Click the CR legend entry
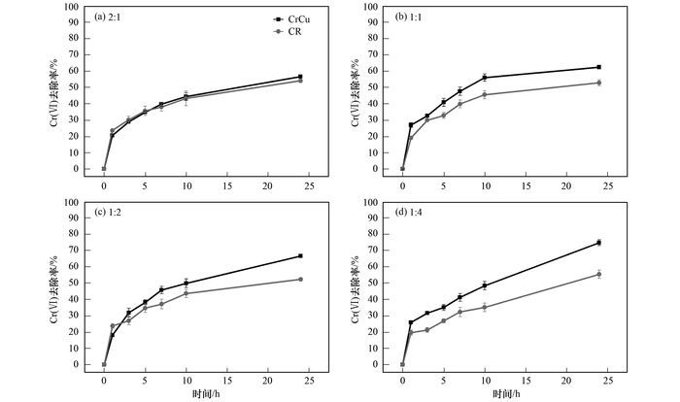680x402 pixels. coord(290,31)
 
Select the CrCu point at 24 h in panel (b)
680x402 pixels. coord(598,67)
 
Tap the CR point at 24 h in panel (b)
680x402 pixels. coord(598,83)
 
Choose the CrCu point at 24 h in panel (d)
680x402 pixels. coord(598,243)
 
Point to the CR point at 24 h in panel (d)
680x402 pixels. coord(598,274)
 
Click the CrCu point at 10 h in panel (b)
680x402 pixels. coord(484,78)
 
